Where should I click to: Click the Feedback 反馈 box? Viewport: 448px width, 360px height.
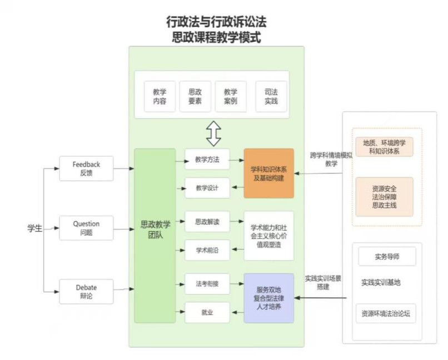point(86,168)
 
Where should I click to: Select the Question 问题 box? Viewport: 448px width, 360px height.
point(86,228)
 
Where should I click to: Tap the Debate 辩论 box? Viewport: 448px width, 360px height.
point(86,291)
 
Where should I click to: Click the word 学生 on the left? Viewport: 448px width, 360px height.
point(35,228)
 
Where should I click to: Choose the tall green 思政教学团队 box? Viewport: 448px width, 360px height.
point(155,236)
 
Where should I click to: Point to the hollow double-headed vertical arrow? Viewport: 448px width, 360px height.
point(213,134)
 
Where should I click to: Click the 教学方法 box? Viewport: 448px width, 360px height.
point(207,160)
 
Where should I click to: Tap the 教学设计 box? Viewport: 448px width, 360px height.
point(207,188)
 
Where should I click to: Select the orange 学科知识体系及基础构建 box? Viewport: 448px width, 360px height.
point(268,173)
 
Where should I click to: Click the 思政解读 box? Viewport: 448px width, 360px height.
point(207,222)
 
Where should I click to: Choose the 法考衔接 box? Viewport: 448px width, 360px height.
point(207,284)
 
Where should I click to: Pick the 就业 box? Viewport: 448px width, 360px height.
point(207,313)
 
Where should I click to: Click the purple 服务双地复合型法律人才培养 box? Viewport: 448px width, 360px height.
point(268,298)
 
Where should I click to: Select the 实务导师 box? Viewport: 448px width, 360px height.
point(387,257)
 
